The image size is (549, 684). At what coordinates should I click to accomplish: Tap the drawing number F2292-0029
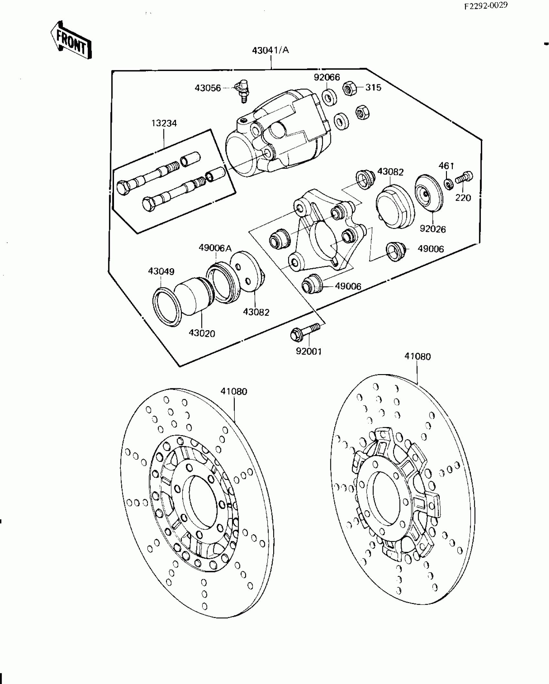486,6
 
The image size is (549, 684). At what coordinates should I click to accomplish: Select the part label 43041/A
271,59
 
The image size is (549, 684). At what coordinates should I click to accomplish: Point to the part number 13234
164,123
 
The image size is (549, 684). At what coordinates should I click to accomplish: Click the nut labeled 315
349,88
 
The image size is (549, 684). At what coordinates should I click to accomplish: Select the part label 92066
327,77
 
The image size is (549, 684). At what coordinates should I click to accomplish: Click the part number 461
446,166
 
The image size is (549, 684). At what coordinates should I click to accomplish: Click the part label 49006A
215,248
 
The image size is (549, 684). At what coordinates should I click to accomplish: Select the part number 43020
202,333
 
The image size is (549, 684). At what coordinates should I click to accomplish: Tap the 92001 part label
309,351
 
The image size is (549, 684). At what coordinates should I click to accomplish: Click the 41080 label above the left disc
234,392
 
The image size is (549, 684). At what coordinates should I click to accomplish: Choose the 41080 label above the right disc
418,356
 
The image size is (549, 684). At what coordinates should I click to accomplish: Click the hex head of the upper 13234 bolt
123,188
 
